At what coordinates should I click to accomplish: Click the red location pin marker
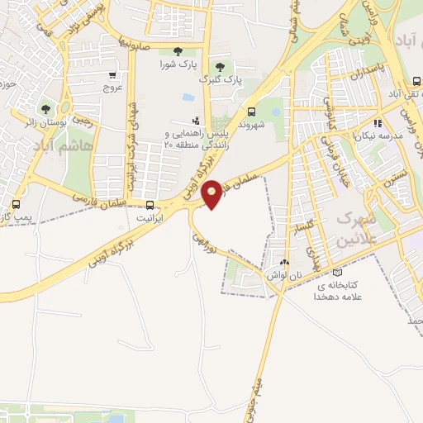(x=212, y=193)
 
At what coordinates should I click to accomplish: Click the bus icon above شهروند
(x=251, y=112)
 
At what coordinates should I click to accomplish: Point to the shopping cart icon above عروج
(x=112, y=74)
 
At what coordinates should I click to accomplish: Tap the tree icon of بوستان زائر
(x=46, y=109)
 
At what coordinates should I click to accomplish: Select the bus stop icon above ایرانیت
(x=150, y=206)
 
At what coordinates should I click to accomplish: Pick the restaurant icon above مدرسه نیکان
(x=376, y=122)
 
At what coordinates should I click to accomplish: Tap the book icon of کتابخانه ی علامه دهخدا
(x=335, y=273)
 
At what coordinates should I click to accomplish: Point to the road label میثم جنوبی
(x=257, y=381)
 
